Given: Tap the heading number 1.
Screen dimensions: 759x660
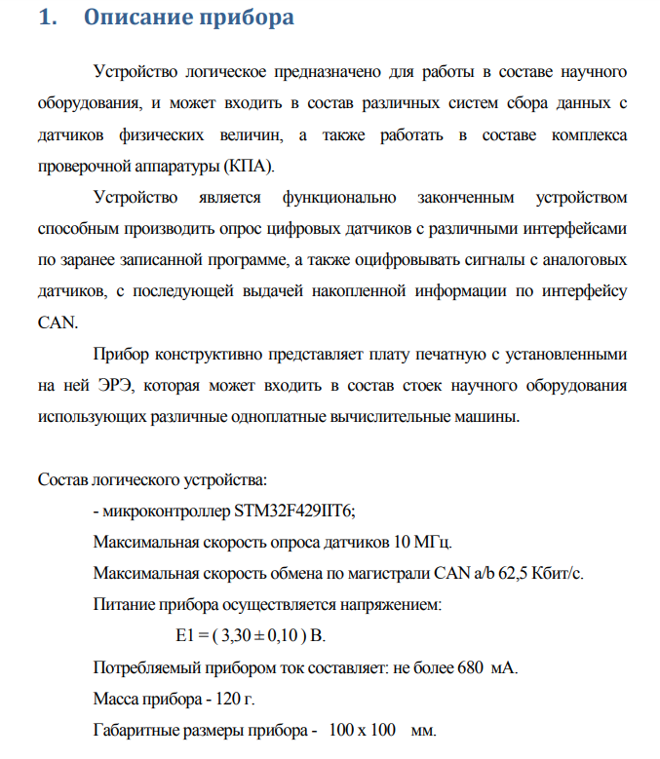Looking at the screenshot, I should point(45,19).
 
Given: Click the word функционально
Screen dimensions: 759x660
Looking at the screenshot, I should point(338,198).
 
